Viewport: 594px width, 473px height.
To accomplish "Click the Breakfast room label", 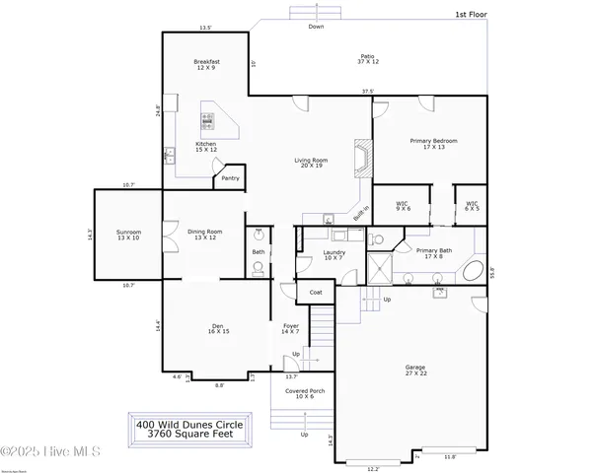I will click(x=206, y=66).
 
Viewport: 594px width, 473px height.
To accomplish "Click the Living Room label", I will click(x=311, y=163).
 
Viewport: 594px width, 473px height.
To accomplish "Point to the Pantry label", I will click(x=230, y=178).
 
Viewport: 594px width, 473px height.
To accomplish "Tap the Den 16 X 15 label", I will click(x=219, y=330).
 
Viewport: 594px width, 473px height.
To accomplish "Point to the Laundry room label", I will click(x=334, y=255).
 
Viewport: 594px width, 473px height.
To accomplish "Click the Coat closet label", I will click(x=316, y=293).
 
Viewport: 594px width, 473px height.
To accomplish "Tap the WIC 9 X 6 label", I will click(x=404, y=206).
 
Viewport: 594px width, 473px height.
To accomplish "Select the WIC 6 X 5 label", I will click(x=473, y=206).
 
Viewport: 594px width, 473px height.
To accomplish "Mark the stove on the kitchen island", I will click(x=208, y=121).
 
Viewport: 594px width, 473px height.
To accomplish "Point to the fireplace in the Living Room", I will click(x=364, y=159).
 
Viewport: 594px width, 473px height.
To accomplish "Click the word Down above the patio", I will click(x=316, y=27).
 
